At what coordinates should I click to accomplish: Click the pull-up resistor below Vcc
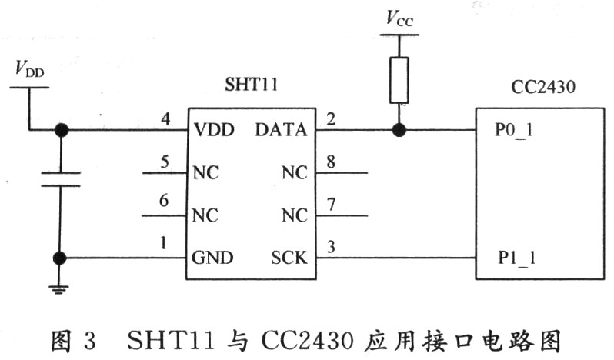[x=399, y=80]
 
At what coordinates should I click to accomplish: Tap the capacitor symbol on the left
[x=61, y=178]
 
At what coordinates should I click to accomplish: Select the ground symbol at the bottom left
[x=59, y=290]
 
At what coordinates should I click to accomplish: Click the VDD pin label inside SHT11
[x=214, y=130]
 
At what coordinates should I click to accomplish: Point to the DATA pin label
[x=281, y=130]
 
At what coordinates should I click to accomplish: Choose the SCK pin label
[x=289, y=258]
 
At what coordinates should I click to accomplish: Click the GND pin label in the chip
[x=212, y=258]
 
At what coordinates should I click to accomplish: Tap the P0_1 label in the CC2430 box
[x=514, y=130]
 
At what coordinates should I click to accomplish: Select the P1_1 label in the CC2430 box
[x=516, y=258]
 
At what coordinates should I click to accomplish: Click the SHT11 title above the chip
[x=251, y=84]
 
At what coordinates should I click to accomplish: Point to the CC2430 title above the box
[x=543, y=86]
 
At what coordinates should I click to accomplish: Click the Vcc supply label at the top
[x=399, y=18]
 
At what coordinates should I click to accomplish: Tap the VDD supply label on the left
[x=30, y=68]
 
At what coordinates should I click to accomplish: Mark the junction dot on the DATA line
[x=399, y=130]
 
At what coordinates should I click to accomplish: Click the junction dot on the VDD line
[x=61, y=130]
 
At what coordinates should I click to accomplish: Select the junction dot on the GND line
[x=59, y=258]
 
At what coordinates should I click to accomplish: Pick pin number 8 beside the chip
[x=331, y=162]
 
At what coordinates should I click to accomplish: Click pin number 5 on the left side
[x=165, y=162]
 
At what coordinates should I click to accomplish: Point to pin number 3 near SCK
[x=331, y=247]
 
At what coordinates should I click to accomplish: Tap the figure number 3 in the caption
[x=89, y=341]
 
